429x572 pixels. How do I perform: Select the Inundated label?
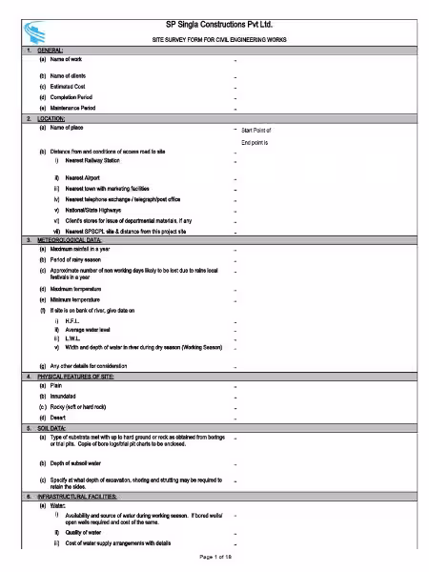[x=67, y=397]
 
